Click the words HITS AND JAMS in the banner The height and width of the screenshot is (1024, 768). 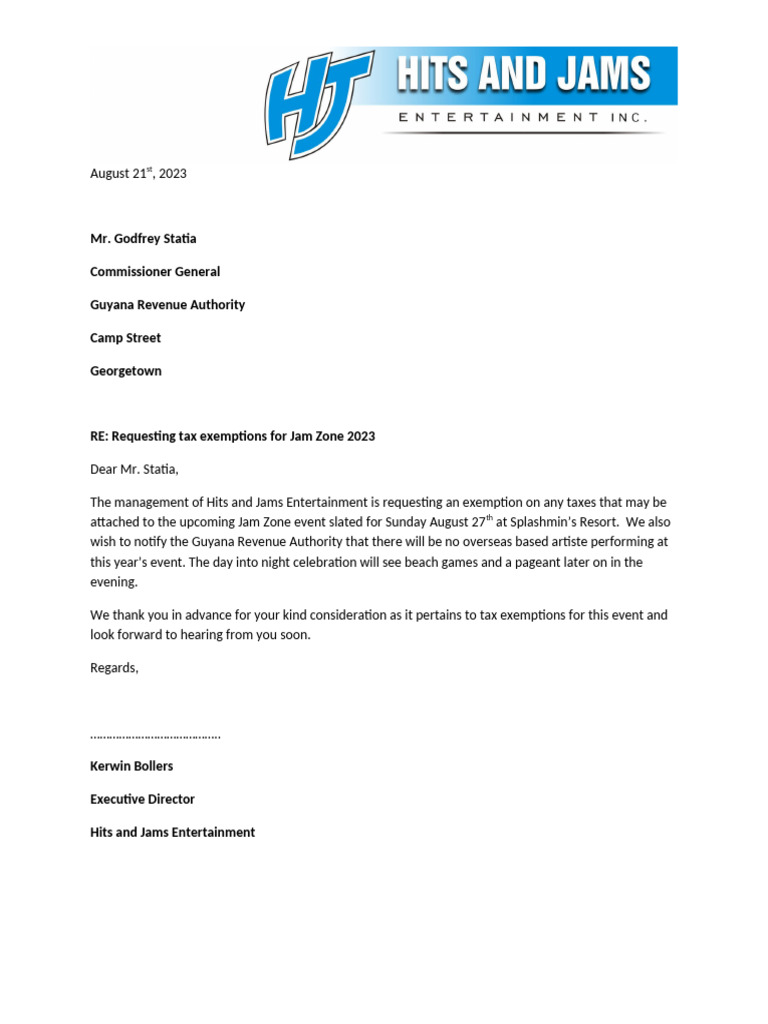click(524, 76)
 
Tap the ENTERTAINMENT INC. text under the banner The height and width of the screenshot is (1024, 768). click(523, 118)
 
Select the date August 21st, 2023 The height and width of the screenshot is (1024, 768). click(138, 173)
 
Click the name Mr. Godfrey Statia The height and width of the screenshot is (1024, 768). click(143, 239)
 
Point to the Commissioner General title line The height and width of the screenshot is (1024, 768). click(155, 272)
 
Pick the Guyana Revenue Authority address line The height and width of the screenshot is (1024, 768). click(167, 305)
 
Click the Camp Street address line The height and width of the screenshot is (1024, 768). click(125, 338)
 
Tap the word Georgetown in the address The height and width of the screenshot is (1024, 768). click(125, 371)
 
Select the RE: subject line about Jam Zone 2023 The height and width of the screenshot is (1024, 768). click(232, 436)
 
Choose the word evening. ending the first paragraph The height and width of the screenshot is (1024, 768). click(114, 582)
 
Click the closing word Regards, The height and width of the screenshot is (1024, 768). click(114, 668)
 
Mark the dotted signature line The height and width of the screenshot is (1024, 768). click(155, 736)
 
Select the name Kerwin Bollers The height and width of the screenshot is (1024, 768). click(131, 766)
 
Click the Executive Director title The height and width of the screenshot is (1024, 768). click(142, 799)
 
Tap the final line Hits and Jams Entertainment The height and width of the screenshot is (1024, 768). click(172, 832)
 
